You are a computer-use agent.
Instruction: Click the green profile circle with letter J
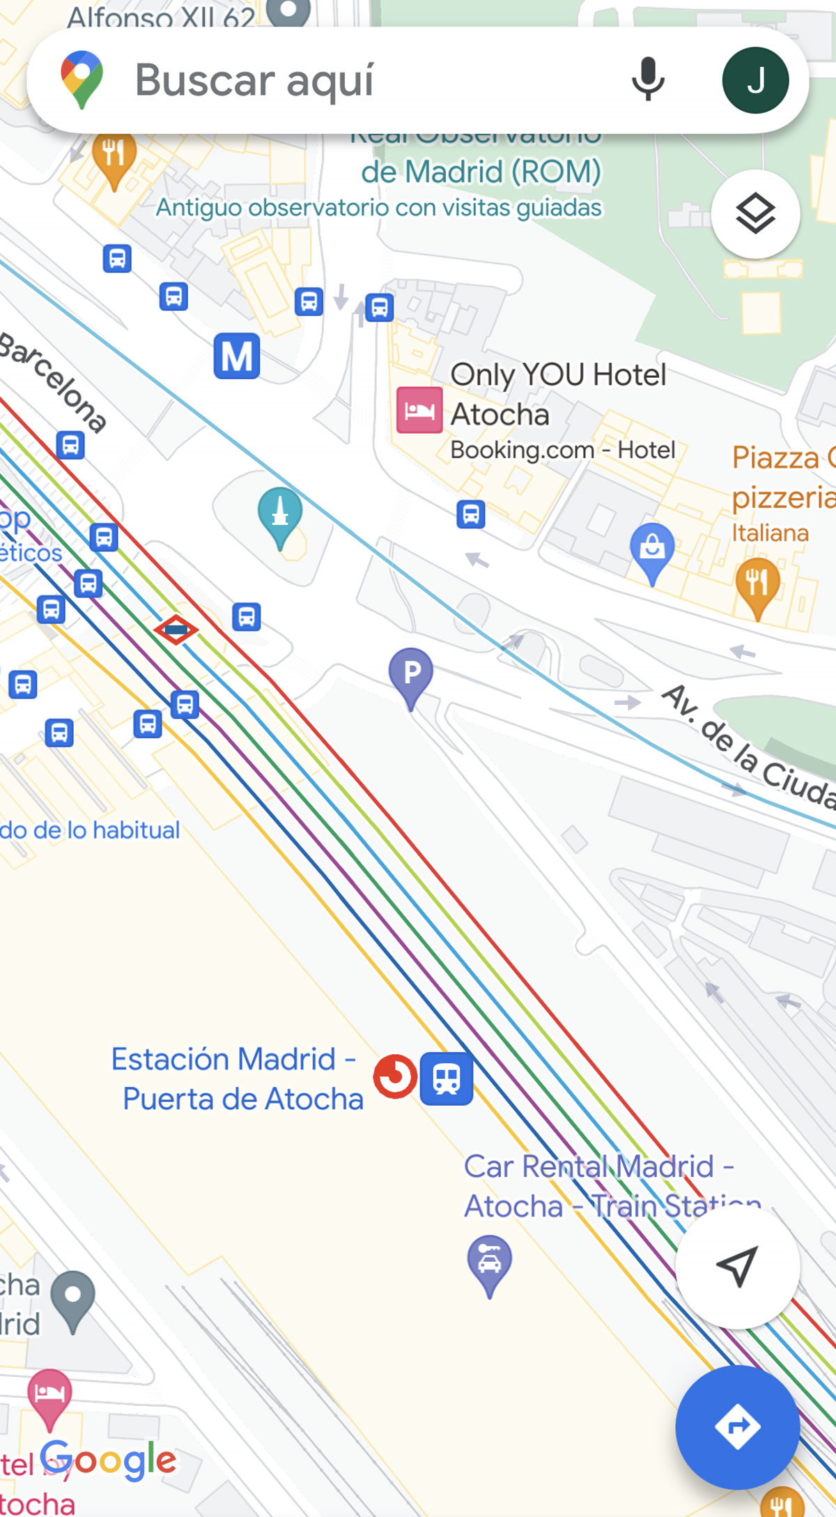[755, 80]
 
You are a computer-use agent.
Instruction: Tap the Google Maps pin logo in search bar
[82, 79]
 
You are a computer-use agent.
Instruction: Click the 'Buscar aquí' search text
[254, 80]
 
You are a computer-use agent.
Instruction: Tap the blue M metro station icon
[237, 356]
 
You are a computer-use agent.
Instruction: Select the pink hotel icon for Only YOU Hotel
[419, 410]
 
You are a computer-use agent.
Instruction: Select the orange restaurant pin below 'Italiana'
[757, 584]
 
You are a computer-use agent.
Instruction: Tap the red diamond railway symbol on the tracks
[176, 630]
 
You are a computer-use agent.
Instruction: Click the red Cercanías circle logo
[395, 1076]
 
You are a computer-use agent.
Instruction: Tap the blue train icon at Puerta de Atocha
[447, 1078]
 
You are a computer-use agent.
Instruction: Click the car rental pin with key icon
[490, 1262]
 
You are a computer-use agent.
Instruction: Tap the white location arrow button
[737, 1266]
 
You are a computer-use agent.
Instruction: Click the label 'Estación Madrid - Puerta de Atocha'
[237, 1078]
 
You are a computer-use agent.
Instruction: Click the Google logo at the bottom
[108, 1461]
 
